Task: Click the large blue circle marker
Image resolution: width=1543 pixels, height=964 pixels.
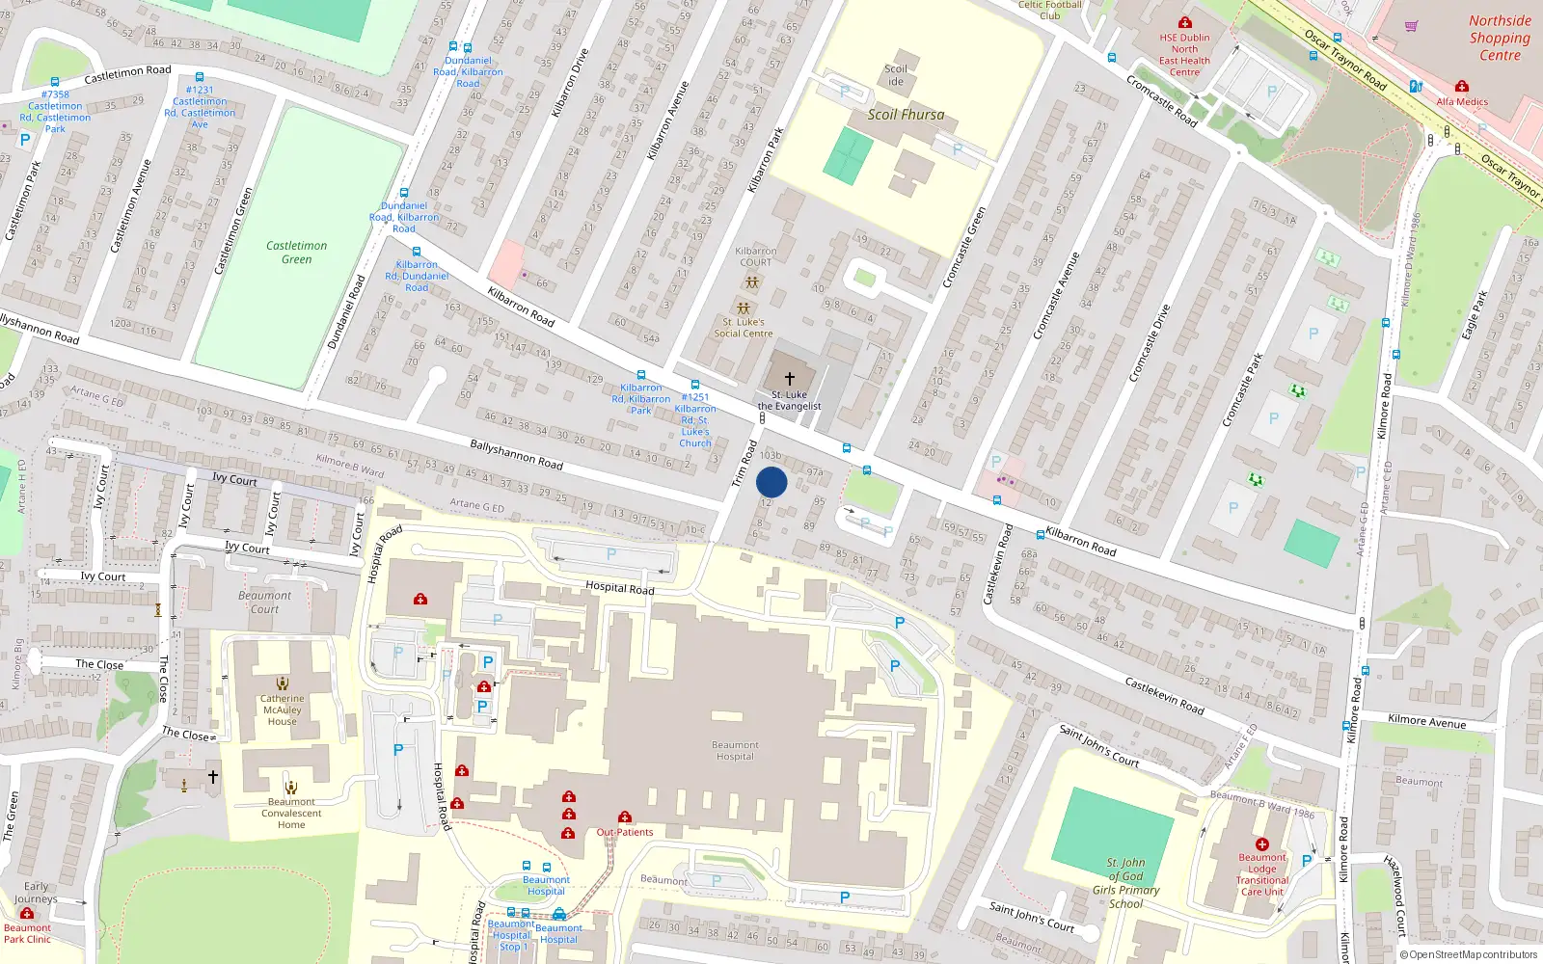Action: tap(771, 482)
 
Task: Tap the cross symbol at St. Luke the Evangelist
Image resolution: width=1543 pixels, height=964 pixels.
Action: tap(790, 379)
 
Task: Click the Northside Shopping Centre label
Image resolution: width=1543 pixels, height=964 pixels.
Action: tap(1500, 38)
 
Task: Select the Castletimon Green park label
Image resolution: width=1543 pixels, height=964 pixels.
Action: tap(296, 253)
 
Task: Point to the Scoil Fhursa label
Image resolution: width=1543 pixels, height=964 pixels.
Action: tap(906, 115)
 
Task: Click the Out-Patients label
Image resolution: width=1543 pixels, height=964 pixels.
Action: tap(625, 832)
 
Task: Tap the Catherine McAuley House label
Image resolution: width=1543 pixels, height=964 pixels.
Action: tap(283, 710)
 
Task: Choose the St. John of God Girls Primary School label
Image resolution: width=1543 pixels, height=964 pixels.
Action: tap(1125, 883)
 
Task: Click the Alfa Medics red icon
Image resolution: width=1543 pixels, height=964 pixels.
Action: tap(1462, 86)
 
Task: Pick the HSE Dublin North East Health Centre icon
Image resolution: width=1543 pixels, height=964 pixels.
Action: tap(1185, 22)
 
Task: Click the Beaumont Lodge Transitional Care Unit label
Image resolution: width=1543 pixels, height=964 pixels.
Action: tap(1262, 874)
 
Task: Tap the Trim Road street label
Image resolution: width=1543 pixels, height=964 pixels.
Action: tap(744, 464)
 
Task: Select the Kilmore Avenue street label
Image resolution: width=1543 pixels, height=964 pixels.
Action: tap(1426, 721)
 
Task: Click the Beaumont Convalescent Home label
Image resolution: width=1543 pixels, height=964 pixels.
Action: tap(291, 813)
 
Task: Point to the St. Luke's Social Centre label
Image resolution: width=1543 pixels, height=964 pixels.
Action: tap(744, 328)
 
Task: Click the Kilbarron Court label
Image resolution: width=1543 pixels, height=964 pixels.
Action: tap(756, 256)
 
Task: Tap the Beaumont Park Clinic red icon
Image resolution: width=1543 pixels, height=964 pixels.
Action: tap(27, 913)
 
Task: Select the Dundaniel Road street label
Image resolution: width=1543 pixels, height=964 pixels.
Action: tap(346, 312)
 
